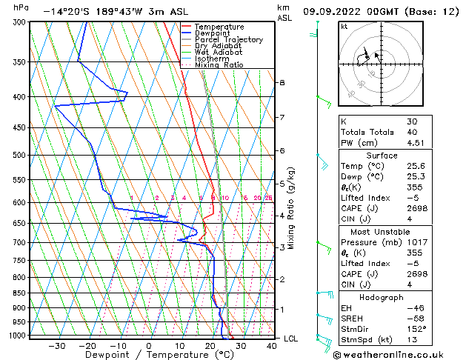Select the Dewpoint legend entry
point(214,33)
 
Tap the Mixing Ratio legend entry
point(219,65)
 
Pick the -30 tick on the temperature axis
point(57,345)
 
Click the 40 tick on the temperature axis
point(272,345)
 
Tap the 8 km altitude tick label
point(282,82)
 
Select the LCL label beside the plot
point(292,339)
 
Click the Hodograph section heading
point(382,297)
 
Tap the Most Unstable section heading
point(382,231)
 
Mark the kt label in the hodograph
point(344,27)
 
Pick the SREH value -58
point(416,319)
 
